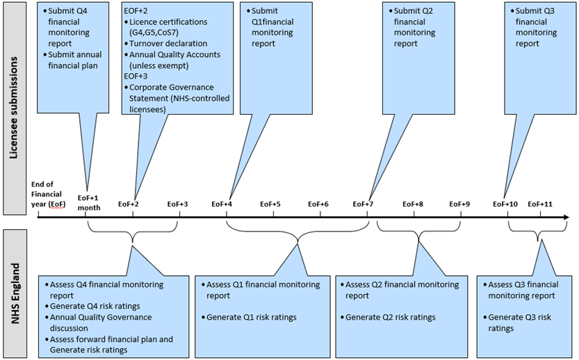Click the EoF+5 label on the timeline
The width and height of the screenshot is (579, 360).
coord(270,204)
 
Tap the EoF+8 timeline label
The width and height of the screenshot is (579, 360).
coord(413,204)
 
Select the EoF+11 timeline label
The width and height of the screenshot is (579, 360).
coord(540,204)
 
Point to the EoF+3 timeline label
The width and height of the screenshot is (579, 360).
coord(178,204)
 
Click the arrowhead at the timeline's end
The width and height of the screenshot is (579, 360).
coord(566,217)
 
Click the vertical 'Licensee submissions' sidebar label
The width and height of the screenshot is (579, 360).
coord(14,108)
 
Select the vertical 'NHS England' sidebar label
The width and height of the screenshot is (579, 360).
coord(15,293)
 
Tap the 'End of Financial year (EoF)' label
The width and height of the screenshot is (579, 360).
coord(48,194)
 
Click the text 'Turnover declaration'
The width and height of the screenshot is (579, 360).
coord(168,44)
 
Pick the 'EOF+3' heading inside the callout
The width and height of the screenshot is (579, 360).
coord(136,76)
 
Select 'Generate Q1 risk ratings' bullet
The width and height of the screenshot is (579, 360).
coord(252,317)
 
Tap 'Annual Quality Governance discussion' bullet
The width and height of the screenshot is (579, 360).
coord(101,322)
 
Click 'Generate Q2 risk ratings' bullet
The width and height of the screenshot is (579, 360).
coord(391,317)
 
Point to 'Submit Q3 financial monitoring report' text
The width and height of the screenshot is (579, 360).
coord(536,27)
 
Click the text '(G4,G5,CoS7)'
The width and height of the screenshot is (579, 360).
coord(154,33)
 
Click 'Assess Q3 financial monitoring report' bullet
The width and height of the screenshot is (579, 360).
coord(523,290)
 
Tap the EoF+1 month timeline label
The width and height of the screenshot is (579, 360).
coord(89,203)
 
